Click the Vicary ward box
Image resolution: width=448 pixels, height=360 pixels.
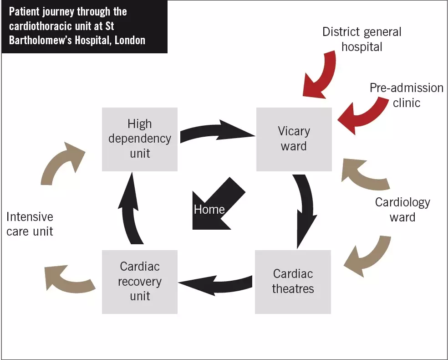(294, 139)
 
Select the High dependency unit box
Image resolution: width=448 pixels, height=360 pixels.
(139, 139)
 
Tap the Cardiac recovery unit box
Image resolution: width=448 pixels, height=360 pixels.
(139, 282)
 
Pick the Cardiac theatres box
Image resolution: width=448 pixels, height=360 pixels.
(293, 282)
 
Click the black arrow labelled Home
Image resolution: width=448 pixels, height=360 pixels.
(214, 205)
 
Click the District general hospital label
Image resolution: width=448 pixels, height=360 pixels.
(362, 39)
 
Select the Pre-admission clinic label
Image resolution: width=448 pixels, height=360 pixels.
(406, 95)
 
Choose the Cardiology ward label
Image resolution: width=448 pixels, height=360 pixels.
(402, 209)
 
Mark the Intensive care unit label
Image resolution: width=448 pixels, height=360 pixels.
(30, 224)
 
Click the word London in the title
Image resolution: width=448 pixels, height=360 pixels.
(130, 40)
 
